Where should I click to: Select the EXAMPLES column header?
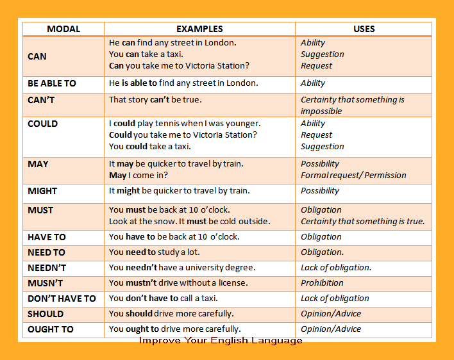click(199, 29)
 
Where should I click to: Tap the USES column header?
click(364, 29)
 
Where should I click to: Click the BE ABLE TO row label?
click(52, 83)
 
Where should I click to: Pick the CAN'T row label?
click(42, 100)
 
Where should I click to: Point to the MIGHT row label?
click(42, 191)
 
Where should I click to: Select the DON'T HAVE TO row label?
click(62, 299)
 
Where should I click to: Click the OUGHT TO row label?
click(51, 329)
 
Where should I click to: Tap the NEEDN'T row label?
click(47, 268)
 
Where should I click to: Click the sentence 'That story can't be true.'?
click(155, 100)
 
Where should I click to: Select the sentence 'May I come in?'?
click(139, 176)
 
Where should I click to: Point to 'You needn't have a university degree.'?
click(182, 268)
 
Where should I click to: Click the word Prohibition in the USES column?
click(322, 283)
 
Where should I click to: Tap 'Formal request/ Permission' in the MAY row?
click(353, 176)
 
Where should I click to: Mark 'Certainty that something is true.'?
click(362, 222)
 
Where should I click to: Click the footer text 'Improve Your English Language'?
click(221, 341)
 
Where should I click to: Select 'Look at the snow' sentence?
click(190, 222)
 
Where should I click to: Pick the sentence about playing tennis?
click(185, 124)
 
